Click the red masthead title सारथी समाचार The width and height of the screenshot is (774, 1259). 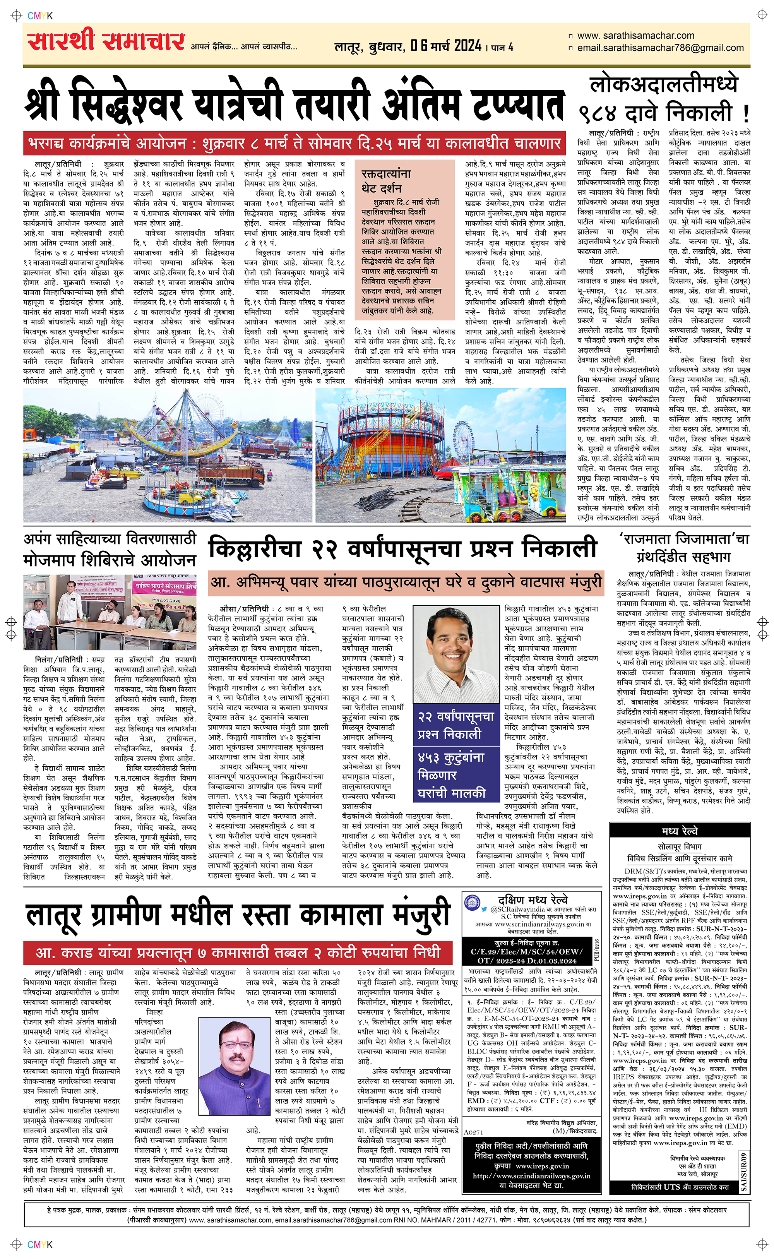pos(106,42)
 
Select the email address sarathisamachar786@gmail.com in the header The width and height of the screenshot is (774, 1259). pos(660,48)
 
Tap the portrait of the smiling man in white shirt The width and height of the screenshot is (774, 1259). pos(455,654)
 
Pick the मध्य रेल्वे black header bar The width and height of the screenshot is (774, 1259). pos(679,830)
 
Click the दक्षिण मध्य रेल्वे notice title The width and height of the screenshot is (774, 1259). pos(533,900)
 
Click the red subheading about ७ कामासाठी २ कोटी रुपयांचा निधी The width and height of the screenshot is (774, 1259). pos(238,952)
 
